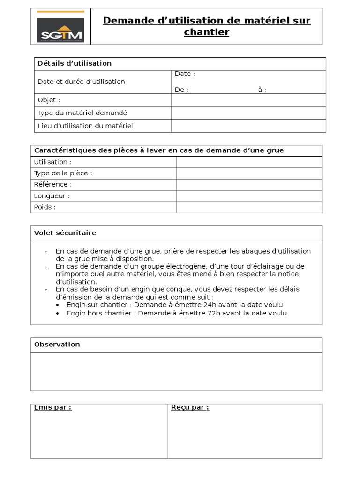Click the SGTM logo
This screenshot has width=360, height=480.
61,27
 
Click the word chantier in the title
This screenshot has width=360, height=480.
206,32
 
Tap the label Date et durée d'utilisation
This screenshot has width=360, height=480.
81,82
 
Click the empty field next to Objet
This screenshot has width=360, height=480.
248,100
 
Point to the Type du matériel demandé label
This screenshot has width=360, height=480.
82,113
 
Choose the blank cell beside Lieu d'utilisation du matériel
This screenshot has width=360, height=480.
248,126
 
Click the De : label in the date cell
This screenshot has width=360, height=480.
182,90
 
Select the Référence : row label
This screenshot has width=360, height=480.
53,184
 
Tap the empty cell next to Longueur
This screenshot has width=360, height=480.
249,196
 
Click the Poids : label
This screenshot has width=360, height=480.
45,207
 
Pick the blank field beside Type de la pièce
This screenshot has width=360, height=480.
249,173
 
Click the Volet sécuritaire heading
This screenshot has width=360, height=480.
65,233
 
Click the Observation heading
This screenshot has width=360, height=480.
57,345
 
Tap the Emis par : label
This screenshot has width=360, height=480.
53,407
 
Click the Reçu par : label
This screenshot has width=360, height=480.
190,407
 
